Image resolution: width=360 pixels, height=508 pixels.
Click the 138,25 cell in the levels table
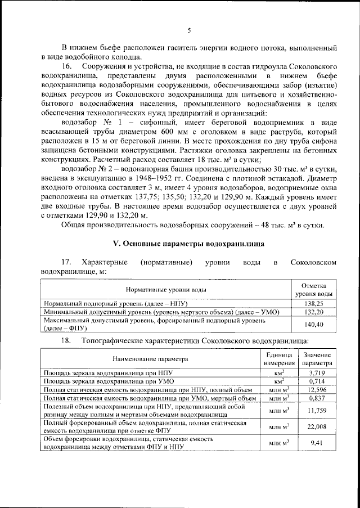313,302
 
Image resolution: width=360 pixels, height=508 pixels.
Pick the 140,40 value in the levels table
313,325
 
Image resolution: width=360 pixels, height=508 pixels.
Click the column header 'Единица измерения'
277,358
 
